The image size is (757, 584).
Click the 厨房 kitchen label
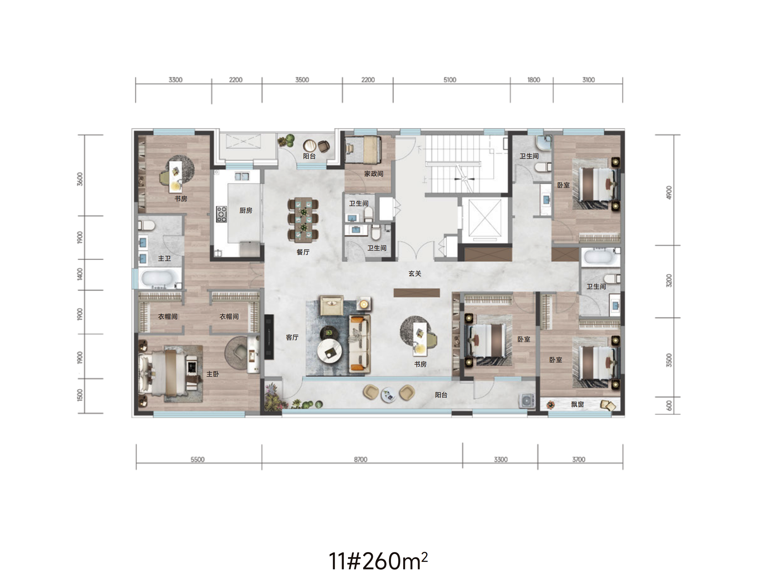pyautogui.click(x=246, y=210)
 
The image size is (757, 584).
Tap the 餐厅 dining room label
pyautogui.click(x=303, y=252)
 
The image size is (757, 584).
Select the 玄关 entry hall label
pyautogui.click(x=415, y=274)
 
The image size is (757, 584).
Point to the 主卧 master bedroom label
pyautogui.click(x=213, y=374)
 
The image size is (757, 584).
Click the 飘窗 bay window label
pyautogui.click(x=577, y=404)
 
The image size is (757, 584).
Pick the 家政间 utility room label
pyautogui.click(x=373, y=174)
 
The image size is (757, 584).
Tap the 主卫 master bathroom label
pyautogui.click(x=164, y=258)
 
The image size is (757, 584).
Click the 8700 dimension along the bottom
pyautogui.click(x=360, y=459)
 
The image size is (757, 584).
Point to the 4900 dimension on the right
pyautogui.click(x=669, y=192)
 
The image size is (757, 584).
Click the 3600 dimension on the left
pyautogui.click(x=80, y=179)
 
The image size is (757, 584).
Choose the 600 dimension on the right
pyautogui.click(x=669, y=406)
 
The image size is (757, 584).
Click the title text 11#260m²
pyautogui.click(x=378, y=561)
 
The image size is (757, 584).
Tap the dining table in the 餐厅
pyautogui.click(x=303, y=219)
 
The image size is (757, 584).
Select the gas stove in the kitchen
pyautogui.click(x=221, y=214)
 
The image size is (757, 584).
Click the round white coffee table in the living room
pyautogui.click(x=330, y=351)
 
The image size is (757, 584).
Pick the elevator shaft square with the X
pyautogui.click(x=484, y=218)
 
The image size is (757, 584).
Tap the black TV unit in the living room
pyautogui.click(x=269, y=337)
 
